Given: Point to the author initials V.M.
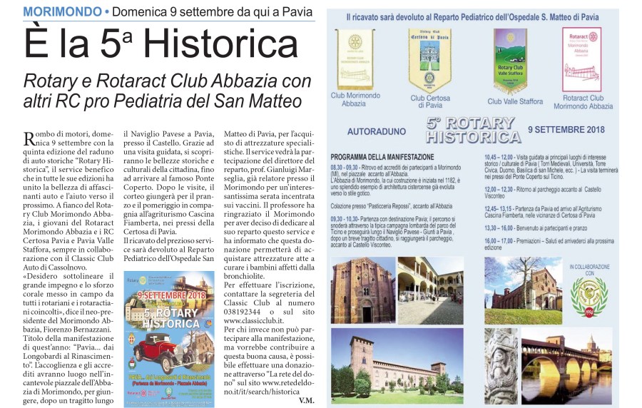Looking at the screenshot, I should [306, 400].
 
